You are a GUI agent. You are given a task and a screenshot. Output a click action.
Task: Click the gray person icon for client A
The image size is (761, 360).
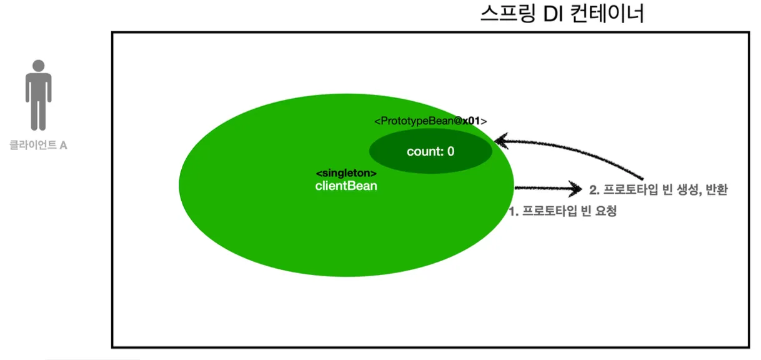[39, 97]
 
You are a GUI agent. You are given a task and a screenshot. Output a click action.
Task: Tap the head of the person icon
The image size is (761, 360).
[39, 66]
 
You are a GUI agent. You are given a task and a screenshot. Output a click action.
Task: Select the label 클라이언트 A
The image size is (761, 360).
[39, 146]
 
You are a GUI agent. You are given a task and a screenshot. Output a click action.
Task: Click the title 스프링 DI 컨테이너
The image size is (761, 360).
[562, 14]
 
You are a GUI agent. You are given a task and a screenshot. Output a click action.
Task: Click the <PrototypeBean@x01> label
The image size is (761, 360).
[430, 121]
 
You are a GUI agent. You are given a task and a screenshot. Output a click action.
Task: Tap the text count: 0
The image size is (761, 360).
[430, 151]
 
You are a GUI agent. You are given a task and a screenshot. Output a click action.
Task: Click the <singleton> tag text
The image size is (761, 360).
[346, 173]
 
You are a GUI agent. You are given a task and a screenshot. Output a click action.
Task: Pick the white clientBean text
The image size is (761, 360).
[346, 186]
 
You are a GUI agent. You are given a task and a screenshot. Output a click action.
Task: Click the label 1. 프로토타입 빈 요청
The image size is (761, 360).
[562, 211]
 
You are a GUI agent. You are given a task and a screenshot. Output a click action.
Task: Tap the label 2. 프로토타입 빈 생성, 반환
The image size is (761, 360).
[659, 189]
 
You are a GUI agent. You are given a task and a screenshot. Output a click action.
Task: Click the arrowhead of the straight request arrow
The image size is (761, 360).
[575, 187]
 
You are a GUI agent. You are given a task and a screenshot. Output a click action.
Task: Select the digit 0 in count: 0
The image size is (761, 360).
[450, 151]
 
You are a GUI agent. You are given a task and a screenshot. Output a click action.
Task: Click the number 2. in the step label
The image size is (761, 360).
[594, 189]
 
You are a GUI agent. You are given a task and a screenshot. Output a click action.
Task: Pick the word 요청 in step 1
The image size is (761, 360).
[607, 211]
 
